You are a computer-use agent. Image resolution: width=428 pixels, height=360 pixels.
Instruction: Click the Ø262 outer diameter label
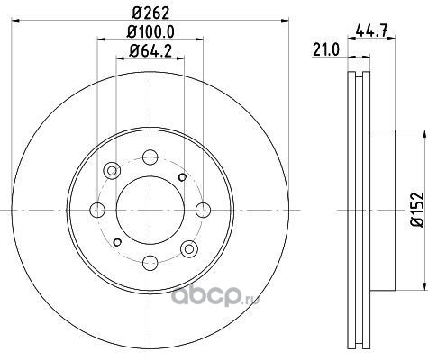150,13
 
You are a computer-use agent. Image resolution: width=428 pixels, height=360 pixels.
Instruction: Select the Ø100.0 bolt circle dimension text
150,32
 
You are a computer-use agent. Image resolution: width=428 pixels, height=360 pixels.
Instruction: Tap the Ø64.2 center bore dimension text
150,50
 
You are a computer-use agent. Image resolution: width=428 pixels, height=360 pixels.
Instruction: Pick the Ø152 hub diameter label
417,210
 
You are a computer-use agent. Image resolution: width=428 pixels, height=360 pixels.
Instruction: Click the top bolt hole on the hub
150,157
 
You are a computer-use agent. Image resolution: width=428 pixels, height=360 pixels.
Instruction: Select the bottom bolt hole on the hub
150,263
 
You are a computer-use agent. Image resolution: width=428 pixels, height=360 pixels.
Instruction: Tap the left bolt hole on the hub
97,210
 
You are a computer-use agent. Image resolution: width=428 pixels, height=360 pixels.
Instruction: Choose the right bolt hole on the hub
203,210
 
